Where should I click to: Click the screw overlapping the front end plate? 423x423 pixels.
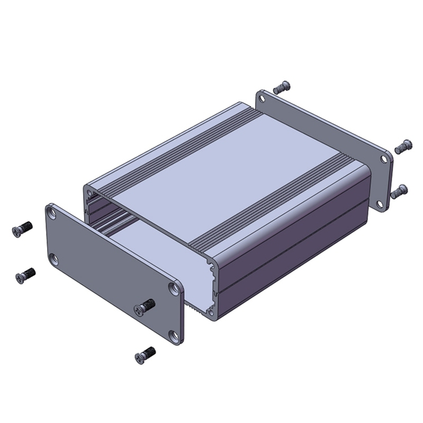tap(145, 307)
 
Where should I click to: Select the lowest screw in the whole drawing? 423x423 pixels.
tap(145, 355)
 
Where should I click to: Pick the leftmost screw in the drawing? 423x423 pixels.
tap(22, 228)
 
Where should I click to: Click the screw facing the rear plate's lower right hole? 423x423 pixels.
tap(400, 191)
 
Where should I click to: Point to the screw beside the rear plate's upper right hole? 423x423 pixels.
tap(404, 145)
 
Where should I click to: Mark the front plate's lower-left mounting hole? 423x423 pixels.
tap(53, 259)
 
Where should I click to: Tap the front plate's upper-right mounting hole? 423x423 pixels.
tap(174, 288)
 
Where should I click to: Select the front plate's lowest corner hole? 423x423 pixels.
tap(174, 335)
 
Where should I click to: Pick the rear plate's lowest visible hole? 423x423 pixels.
tap(381, 204)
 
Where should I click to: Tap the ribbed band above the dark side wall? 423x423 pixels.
tap(275, 206)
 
